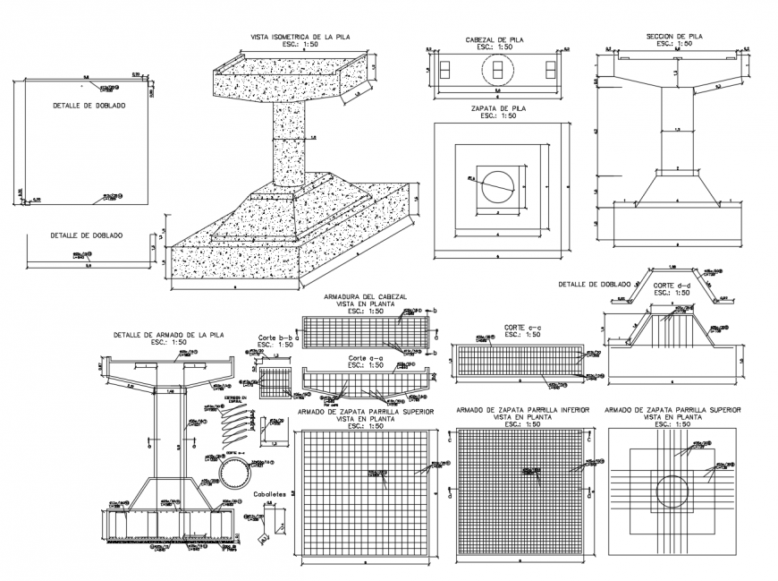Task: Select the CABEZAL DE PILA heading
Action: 495,40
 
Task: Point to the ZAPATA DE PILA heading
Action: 497,108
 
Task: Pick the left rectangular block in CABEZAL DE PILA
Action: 444,69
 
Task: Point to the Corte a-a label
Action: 365,358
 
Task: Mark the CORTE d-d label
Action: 672,286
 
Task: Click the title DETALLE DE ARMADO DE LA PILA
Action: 168,335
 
